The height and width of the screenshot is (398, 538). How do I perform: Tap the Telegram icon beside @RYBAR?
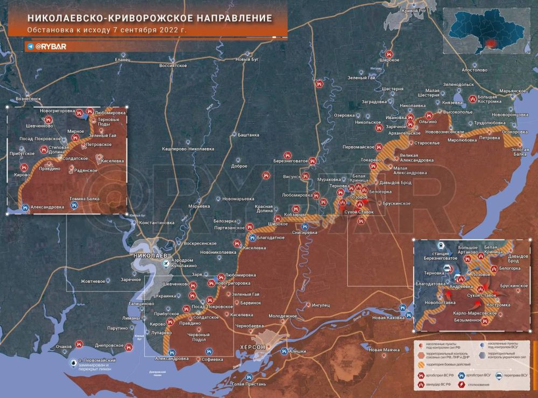[x=30, y=46]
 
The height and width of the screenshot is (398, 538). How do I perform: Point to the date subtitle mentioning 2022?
[x=107, y=30]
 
